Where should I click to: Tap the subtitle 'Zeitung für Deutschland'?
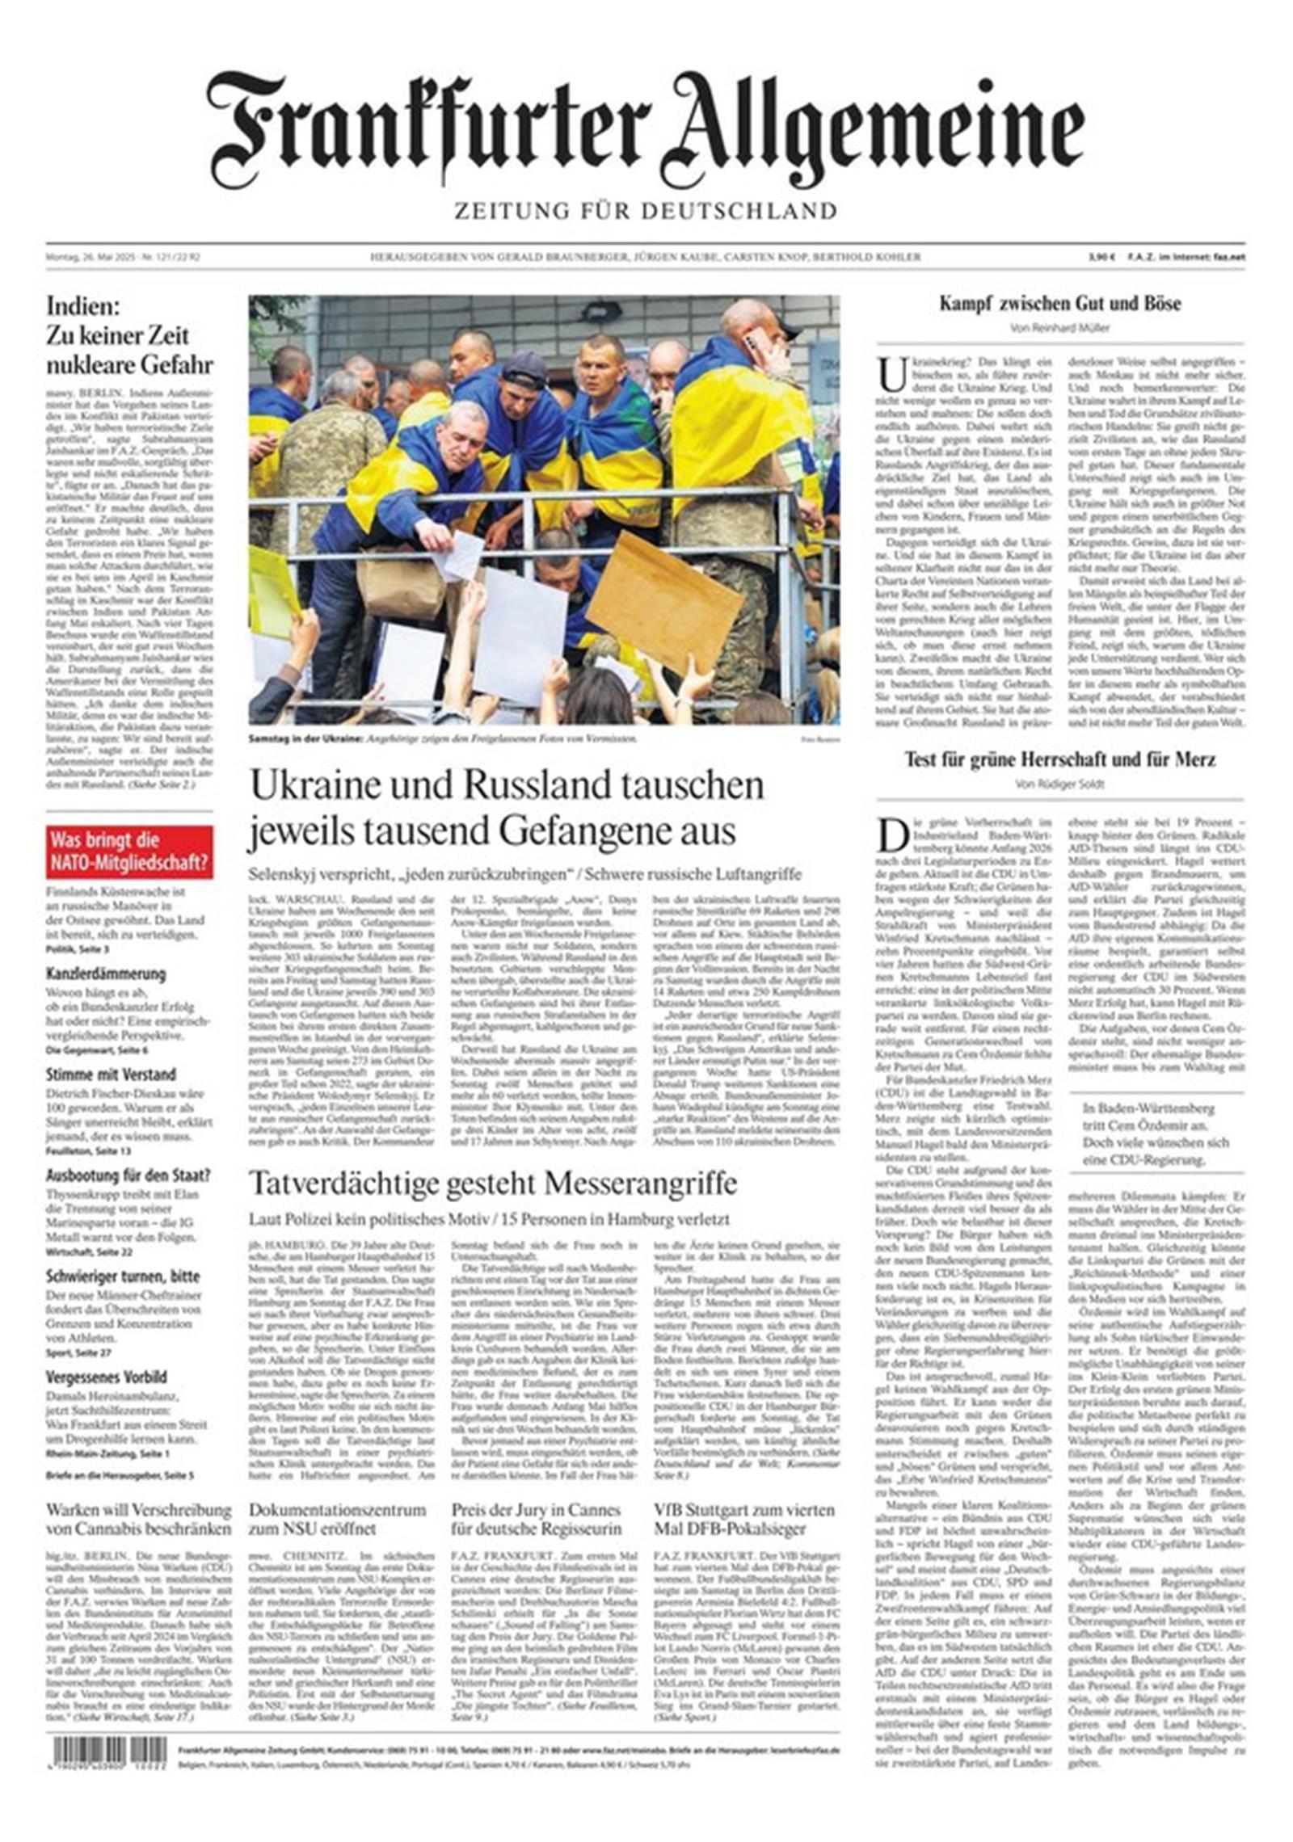645,212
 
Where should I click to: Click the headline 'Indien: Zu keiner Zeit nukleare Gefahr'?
129,335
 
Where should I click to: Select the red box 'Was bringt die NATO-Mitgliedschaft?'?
129,851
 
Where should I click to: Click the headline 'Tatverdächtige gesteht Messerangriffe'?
492,1184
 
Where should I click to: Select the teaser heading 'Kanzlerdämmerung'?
106,974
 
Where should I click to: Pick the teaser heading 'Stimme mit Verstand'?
111,1074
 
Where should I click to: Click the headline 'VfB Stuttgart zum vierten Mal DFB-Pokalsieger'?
744,1520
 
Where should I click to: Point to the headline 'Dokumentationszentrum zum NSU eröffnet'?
337,1520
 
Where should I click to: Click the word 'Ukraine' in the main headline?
314,785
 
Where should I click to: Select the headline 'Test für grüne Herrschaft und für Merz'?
1059,759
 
